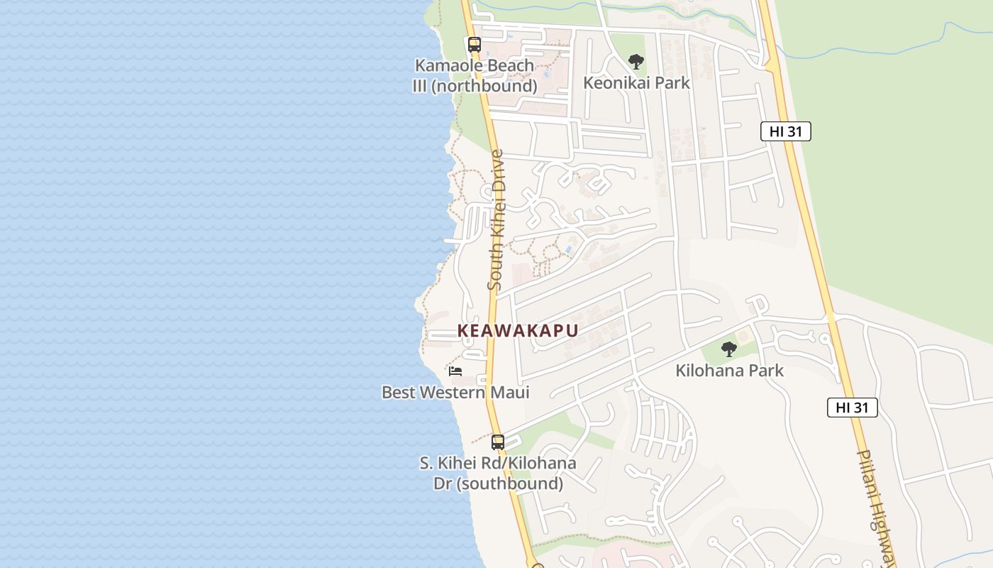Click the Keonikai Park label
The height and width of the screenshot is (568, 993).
pos(636,83)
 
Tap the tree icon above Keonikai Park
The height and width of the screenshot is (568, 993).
pos(636,61)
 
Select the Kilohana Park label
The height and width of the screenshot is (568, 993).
pos(729,371)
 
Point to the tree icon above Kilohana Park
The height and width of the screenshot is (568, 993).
pos(728,349)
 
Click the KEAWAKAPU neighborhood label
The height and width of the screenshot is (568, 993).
pos(518,331)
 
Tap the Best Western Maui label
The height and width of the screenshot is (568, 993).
pos(455,393)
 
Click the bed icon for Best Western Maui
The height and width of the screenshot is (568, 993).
pos(455,371)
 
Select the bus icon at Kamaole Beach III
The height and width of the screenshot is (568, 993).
pos(475,44)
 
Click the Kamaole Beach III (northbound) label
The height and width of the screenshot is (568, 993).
pos(475,76)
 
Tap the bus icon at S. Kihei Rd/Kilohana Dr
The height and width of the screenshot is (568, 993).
pos(498,442)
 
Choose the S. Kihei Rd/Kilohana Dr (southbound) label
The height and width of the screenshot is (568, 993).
pos(498,474)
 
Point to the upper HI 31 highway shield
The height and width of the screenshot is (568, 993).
pos(785,131)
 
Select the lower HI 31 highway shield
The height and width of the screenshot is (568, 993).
pos(852,408)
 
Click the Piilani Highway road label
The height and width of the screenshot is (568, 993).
pos(877,508)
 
